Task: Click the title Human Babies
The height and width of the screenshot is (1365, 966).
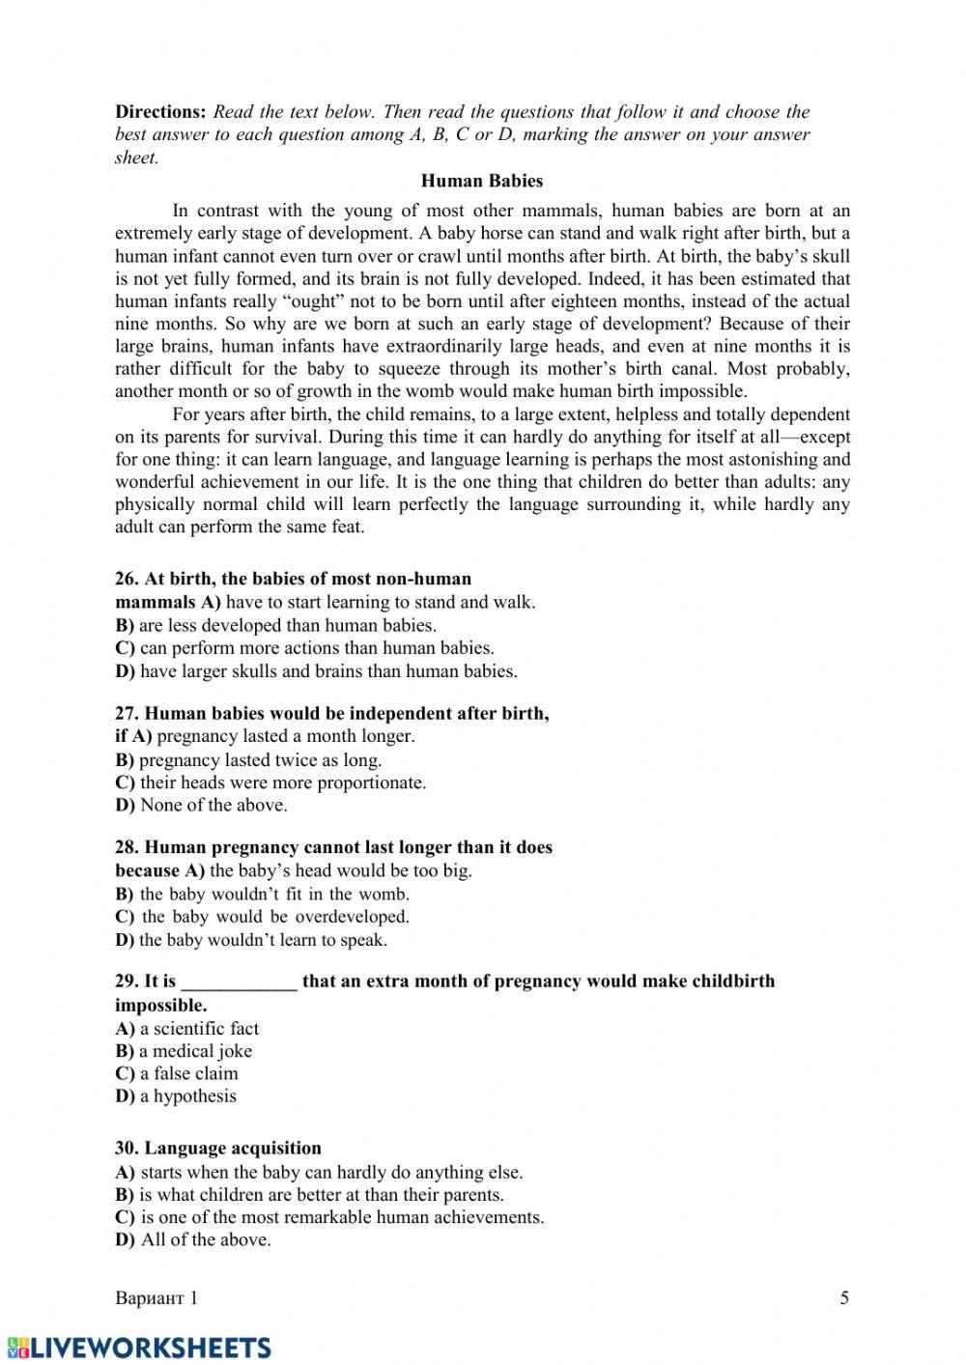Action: point(482,181)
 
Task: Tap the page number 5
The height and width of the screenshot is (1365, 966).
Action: point(844,1297)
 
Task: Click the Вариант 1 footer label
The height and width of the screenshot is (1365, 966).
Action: point(156,1297)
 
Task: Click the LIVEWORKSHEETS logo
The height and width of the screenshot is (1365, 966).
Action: point(138,1348)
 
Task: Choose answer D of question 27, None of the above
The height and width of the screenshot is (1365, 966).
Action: point(201,805)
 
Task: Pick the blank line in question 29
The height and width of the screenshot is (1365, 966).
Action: point(239,981)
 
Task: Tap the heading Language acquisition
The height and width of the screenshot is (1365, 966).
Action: point(218,1148)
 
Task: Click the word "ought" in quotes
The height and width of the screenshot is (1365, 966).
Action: point(307,300)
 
